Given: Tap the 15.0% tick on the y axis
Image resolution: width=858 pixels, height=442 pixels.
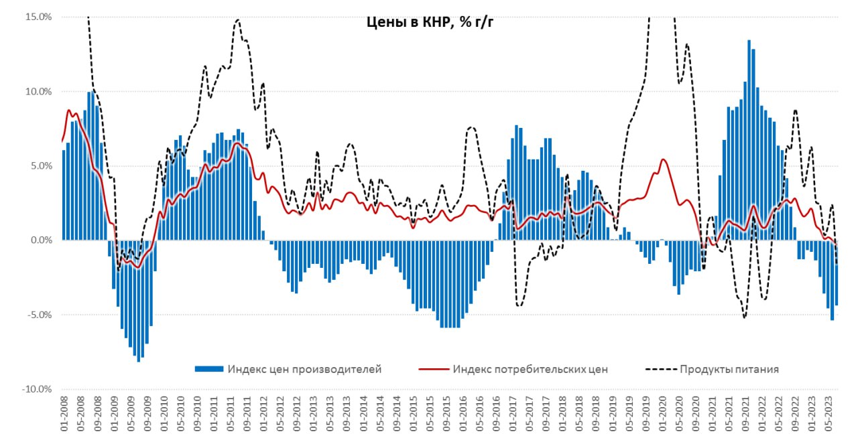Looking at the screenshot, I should click(38, 17).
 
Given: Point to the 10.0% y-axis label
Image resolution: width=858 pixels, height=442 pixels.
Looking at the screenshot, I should click(38, 91).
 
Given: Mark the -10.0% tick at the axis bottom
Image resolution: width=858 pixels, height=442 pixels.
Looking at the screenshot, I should click(36, 388).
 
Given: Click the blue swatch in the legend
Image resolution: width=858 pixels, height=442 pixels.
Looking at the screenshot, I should click(208, 369).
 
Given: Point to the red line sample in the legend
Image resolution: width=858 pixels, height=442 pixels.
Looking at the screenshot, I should click(433, 369).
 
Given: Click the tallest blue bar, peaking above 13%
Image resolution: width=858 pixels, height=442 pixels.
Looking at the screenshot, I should click(749, 134).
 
